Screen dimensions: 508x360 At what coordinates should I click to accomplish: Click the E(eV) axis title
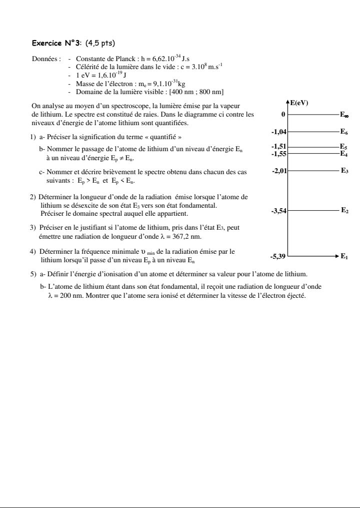coord(299,103)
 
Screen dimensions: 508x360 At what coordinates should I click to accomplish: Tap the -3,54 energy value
coord(278,211)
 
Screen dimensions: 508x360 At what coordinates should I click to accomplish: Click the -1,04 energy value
coord(279,132)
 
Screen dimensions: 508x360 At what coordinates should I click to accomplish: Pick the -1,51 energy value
coord(279,147)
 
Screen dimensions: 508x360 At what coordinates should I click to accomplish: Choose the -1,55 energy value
coord(279,154)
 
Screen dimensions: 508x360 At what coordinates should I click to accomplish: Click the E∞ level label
coord(344,115)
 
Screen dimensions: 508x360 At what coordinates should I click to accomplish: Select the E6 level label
coord(344,132)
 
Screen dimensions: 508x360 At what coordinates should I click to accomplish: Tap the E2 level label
coord(344,210)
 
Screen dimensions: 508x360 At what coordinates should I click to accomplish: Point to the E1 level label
coord(344,256)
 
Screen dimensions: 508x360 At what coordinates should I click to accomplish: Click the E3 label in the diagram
coord(344,171)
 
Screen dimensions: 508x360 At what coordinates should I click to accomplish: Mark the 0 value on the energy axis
coord(283,115)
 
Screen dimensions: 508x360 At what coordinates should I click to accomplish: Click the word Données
coord(46,59)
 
